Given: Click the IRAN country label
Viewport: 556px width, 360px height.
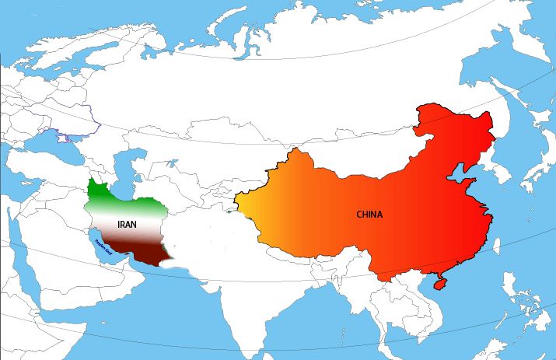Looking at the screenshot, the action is [x=128, y=224].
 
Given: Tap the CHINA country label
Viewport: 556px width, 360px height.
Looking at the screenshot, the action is [x=369, y=214].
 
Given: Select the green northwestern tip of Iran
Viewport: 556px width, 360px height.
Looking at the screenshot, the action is [x=96, y=189].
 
